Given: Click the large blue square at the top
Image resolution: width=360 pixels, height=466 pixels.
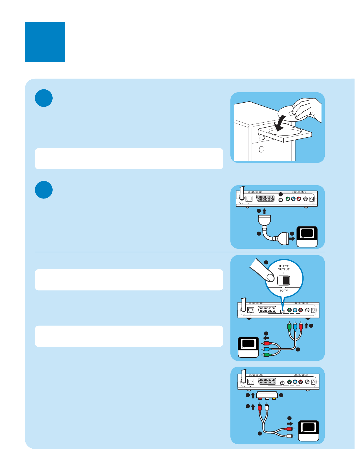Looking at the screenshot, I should tap(45, 42).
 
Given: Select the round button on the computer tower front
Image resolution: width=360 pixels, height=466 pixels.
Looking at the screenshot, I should tap(261, 149).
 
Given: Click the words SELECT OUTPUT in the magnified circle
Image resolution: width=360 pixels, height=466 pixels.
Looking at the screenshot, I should tap(284, 268).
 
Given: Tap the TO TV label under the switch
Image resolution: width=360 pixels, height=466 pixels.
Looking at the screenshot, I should tap(284, 290).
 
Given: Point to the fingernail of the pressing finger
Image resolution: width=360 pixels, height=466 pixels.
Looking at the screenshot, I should tap(269, 277).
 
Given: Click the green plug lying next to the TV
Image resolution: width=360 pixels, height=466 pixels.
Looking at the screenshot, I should tap(266, 355).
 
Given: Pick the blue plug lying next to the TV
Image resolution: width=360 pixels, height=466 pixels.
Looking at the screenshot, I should tap(266, 349).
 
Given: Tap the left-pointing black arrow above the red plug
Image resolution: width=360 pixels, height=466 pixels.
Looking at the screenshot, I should tap(266, 338).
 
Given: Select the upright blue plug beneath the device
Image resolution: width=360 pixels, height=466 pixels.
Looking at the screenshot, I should tap(295, 327).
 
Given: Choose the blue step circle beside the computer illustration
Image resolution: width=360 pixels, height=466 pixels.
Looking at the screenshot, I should tap(44, 98).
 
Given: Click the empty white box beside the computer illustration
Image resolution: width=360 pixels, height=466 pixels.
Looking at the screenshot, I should tap(129, 159).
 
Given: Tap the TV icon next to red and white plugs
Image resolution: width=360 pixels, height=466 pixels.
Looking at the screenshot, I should tap(309, 431).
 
